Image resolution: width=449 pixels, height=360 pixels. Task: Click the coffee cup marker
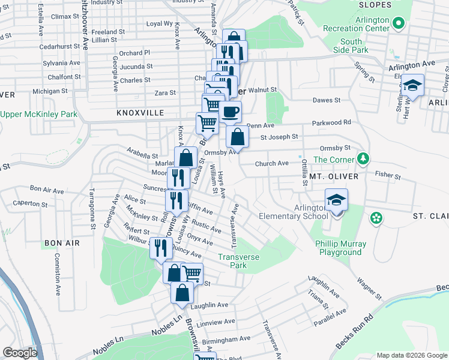pyautogui.click(x=230, y=111)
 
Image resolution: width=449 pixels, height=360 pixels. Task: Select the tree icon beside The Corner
pyautogui.click(x=363, y=159)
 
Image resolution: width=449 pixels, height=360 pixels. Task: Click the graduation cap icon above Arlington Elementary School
pyautogui.click(x=337, y=200)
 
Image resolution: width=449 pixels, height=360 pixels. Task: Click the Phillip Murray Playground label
pyautogui.click(x=339, y=248)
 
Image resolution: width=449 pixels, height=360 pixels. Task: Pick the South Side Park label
pyautogui.click(x=351, y=46)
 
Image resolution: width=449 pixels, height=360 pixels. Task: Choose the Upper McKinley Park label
pyautogui.click(x=39, y=114)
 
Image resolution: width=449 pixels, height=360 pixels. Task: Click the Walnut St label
pyautogui.click(x=262, y=89)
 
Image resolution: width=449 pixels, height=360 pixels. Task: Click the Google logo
pyautogui.click(x=19, y=353)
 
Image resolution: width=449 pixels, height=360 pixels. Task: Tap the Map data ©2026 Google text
pyautogui.click(x=411, y=355)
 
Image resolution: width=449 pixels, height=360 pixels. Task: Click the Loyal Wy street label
pyautogui.click(x=160, y=23)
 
